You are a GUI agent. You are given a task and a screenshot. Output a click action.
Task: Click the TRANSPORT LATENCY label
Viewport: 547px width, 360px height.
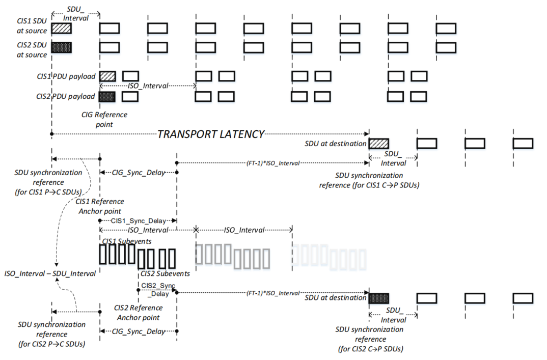[211, 134]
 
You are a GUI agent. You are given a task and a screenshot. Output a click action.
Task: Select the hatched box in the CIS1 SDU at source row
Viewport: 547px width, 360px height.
[61, 28]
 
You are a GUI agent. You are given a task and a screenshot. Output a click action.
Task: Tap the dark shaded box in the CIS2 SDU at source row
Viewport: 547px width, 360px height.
[61, 47]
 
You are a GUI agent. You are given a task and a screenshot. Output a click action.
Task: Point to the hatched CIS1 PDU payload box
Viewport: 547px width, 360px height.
[107, 76]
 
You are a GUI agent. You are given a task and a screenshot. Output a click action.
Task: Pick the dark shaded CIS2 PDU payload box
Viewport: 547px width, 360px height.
[107, 96]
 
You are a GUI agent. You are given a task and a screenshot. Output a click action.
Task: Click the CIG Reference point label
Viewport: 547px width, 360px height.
[104, 119]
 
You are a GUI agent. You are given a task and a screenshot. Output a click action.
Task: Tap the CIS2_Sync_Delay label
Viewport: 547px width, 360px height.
[157, 289]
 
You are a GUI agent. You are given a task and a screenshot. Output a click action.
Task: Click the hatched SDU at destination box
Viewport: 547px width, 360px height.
[378, 144]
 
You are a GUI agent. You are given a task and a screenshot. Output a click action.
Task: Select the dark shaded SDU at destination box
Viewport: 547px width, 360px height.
[378, 298]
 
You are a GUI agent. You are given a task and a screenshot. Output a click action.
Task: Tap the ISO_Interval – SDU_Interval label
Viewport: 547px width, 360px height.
[49, 273]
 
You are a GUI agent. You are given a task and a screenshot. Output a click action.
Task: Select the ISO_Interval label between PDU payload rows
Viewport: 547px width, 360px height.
[148, 86]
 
